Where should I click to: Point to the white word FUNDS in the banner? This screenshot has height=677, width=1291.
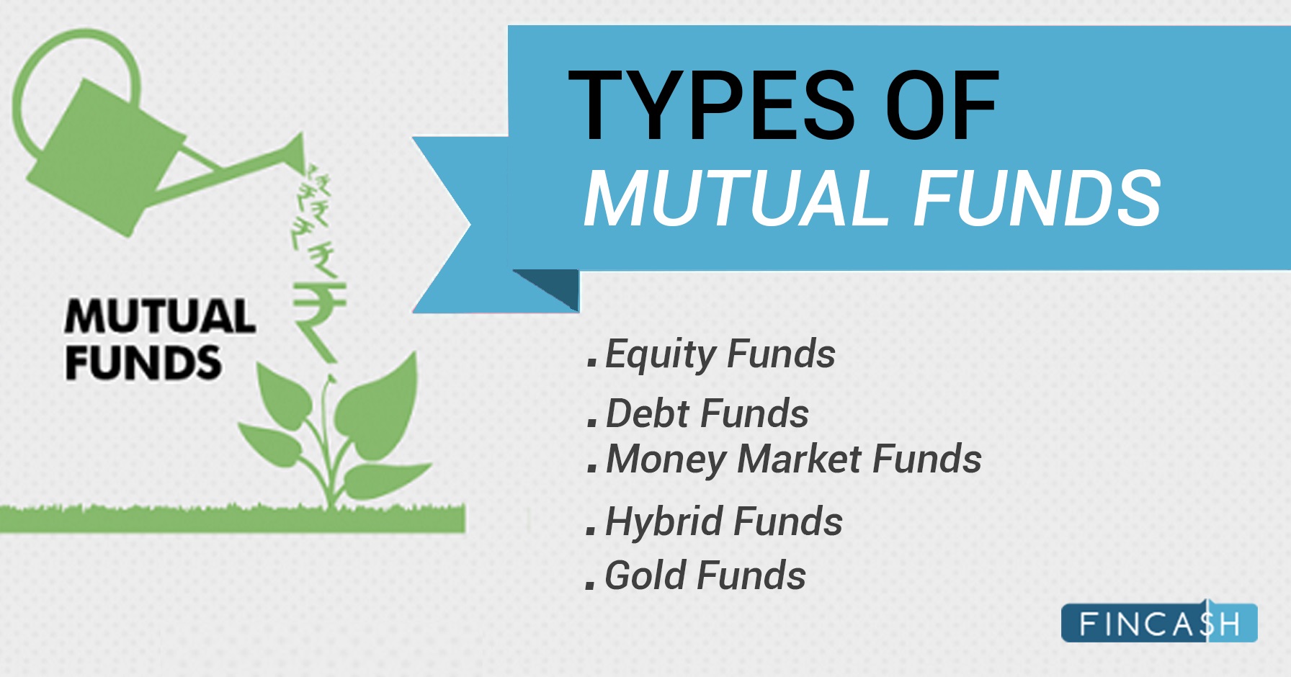(x=1037, y=197)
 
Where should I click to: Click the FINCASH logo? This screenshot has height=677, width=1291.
(x=1159, y=622)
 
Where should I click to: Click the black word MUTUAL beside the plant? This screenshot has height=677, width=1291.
(x=160, y=316)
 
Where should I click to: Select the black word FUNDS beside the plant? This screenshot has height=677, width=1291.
(x=143, y=362)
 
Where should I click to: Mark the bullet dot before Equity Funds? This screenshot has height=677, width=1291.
(x=592, y=362)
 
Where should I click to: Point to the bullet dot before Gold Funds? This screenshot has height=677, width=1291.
(x=591, y=584)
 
